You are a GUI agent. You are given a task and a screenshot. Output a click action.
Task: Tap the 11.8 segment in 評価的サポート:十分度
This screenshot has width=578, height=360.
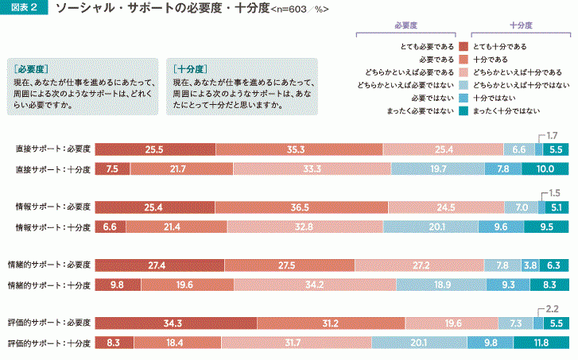point(541,343)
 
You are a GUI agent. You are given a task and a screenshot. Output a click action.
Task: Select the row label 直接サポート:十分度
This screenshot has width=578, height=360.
point(53,168)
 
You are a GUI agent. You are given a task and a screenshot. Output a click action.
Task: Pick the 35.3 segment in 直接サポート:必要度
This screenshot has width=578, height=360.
point(298,149)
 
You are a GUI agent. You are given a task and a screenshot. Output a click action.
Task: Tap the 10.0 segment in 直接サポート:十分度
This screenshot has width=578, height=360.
point(545,168)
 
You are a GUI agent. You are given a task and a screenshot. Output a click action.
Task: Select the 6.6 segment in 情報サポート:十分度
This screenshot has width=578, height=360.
point(111,226)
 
